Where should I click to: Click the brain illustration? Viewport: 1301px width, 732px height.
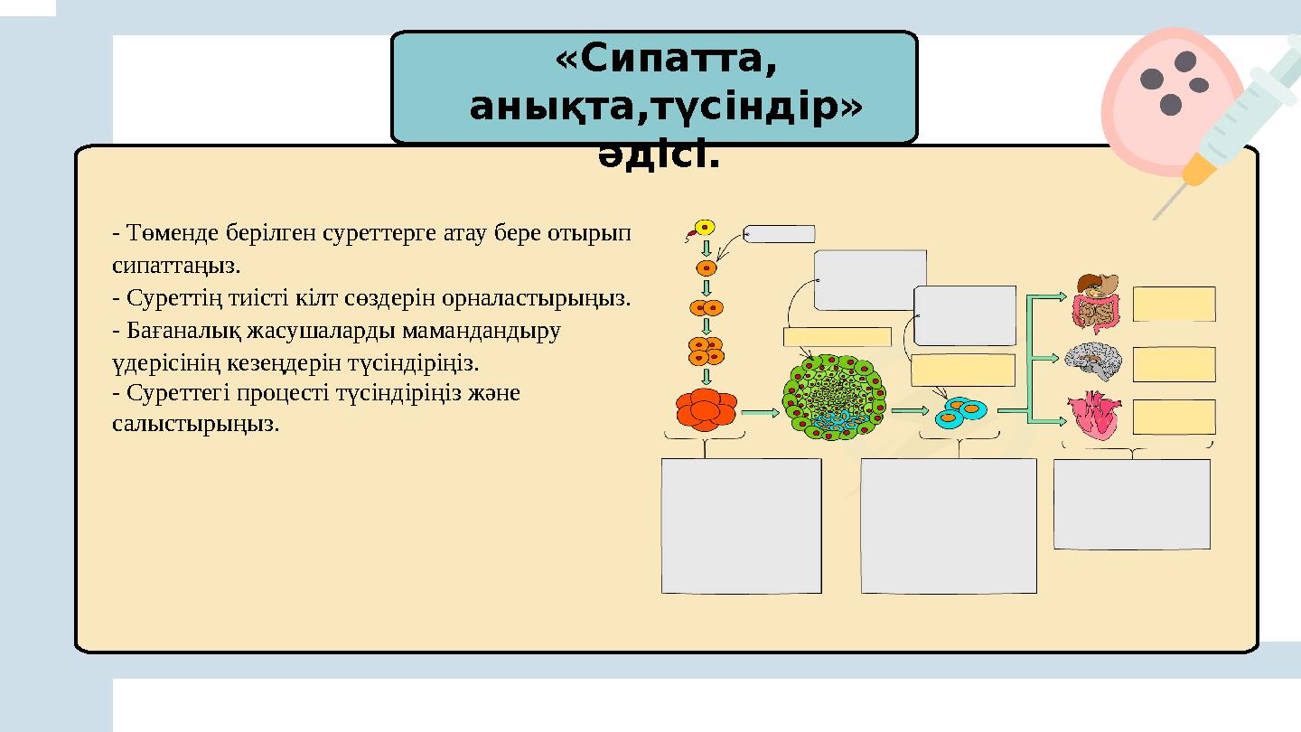tap(1093, 361)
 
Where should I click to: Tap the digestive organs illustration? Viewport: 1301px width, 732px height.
tap(1095, 304)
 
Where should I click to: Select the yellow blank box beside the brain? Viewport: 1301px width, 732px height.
tap(1174, 364)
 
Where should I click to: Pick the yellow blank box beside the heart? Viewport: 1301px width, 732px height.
tap(1174, 417)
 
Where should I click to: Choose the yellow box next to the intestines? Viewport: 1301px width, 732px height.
tap(1174, 304)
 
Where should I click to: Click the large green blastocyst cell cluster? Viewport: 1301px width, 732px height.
tap(834, 398)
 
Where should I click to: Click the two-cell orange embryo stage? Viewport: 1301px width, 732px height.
tap(707, 307)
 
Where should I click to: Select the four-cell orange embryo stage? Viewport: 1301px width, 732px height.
tap(707, 351)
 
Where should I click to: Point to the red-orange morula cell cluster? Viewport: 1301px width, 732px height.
tap(707, 409)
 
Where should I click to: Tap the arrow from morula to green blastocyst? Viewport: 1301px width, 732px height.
tap(761, 413)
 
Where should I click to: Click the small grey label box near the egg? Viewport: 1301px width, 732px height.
tap(780, 234)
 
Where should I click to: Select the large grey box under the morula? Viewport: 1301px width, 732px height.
tap(741, 525)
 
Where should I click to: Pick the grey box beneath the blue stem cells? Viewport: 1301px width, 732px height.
tap(949, 525)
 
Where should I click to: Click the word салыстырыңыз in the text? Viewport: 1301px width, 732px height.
tap(196, 424)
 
